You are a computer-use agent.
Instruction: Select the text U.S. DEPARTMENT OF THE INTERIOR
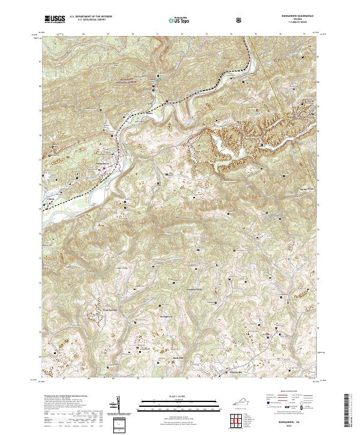(x=90, y=17)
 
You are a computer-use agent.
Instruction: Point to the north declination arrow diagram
(x=118, y=406)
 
